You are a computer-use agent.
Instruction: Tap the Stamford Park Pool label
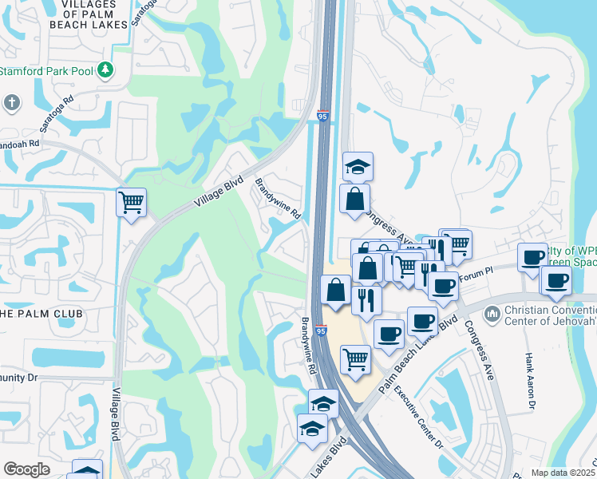coord(48,70)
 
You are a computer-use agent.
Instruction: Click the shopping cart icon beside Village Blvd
coord(131,202)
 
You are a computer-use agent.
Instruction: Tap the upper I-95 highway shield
coord(323,117)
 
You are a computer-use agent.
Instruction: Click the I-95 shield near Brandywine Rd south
coord(321,330)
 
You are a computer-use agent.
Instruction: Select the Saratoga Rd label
coord(58,114)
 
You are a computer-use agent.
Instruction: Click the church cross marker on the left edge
coord(11,102)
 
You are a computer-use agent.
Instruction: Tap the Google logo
coord(26,469)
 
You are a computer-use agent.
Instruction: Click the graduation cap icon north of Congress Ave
coord(358,167)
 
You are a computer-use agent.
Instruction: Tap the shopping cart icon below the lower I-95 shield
coord(355,358)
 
